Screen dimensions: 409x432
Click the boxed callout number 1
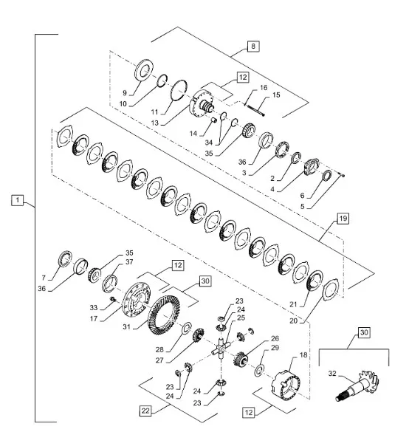(x=18, y=200)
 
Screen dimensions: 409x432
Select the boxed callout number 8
(x=253, y=46)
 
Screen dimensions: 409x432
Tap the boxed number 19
(x=343, y=219)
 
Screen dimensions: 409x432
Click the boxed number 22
(x=145, y=411)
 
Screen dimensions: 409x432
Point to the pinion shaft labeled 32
(x=358, y=385)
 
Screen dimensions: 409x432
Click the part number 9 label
(x=125, y=93)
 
